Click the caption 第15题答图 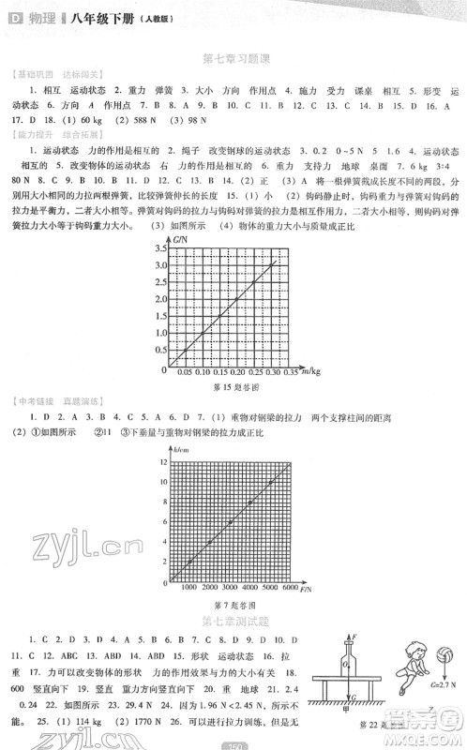[x=234, y=386]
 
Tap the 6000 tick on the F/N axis [x=290, y=588]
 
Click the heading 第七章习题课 [x=233, y=61]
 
